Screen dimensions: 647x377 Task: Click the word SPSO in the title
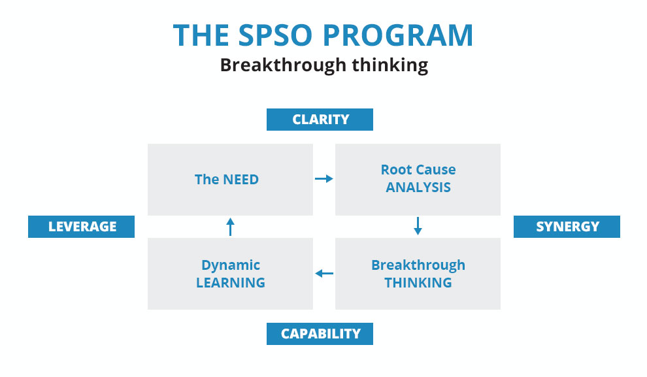(x=274, y=35)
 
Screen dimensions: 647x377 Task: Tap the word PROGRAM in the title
(x=398, y=35)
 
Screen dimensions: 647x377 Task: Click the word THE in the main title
(x=201, y=35)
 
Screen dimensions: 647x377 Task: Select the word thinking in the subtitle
(x=390, y=65)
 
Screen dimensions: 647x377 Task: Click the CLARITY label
(x=320, y=120)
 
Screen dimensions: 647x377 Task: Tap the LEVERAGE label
(x=81, y=227)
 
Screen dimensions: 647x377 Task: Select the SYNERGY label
(x=567, y=227)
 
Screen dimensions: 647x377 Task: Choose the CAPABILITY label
(x=320, y=334)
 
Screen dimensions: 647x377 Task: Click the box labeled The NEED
(x=230, y=180)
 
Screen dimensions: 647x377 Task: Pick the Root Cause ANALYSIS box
(x=418, y=180)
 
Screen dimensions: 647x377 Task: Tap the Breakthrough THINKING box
(x=418, y=274)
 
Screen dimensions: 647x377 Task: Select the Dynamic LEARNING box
(x=230, y=274)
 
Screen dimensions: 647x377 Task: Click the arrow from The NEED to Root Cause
(x=324, y=178)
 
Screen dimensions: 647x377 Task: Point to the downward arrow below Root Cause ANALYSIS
(x=418, y=226)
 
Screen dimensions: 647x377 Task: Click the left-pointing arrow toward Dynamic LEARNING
(x=324, y=273)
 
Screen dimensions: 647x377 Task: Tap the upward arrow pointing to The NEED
(x=230, y=227)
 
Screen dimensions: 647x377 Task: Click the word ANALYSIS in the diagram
(x=418, y=188)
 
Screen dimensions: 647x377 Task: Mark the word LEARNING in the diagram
(x=230, y=282)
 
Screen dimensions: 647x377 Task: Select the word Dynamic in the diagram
(x=231, y=265)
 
